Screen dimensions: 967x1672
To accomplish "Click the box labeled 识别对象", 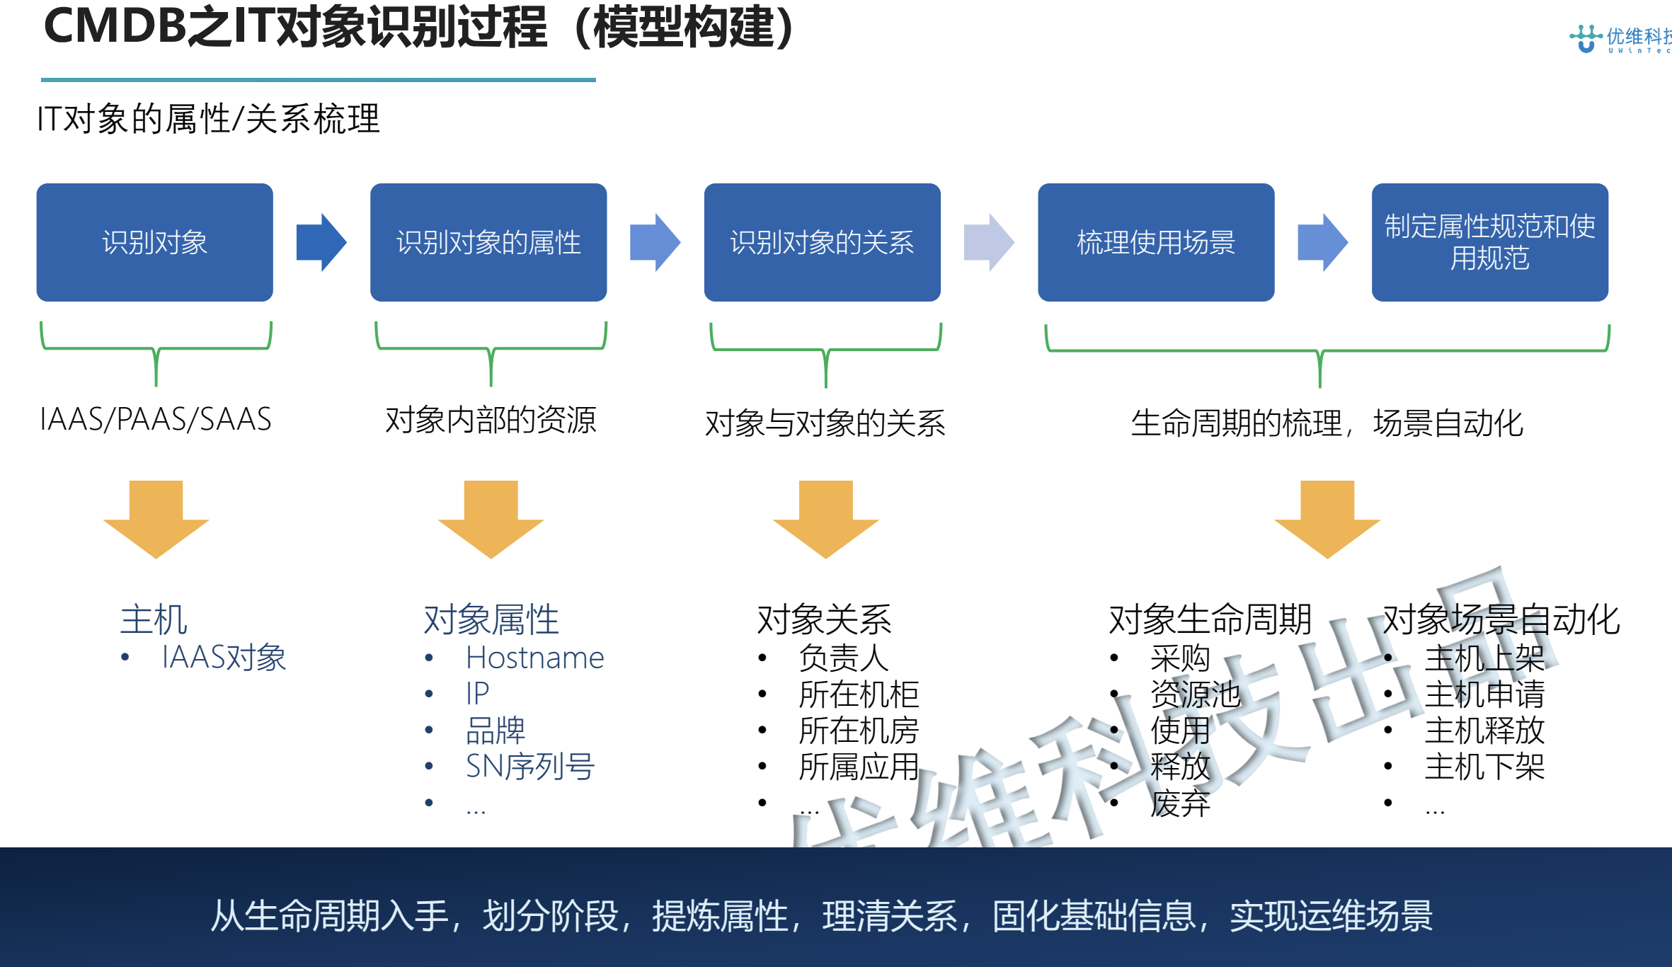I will coord(154,242).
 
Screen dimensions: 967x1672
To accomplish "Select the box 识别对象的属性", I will coord(488,242).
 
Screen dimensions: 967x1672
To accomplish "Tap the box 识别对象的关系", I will coord(822,242).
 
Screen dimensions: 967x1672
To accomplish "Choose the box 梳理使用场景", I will coord(1156,242).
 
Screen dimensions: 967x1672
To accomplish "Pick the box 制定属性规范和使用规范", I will coord(1489,242).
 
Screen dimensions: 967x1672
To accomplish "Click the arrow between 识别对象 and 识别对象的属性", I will coord(321,242).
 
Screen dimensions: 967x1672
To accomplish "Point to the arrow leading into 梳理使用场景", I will coord(989,242).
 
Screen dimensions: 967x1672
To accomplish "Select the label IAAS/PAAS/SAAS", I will coord(156,420).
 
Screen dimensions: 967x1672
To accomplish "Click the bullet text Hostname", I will coord(534,658).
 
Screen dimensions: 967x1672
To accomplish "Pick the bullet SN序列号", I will coord(529,766).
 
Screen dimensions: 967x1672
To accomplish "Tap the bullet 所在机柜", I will coord(858,694).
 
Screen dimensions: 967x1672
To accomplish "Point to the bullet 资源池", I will coord(1195,694).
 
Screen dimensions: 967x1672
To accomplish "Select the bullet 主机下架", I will coord(1484,766).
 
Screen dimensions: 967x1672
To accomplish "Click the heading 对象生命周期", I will coord(1210,619).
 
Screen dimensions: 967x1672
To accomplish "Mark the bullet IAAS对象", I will coord(224,658).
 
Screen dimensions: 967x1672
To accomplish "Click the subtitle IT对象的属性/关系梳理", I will coord(208,118).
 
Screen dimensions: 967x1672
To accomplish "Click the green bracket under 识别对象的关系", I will coord(825,350).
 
